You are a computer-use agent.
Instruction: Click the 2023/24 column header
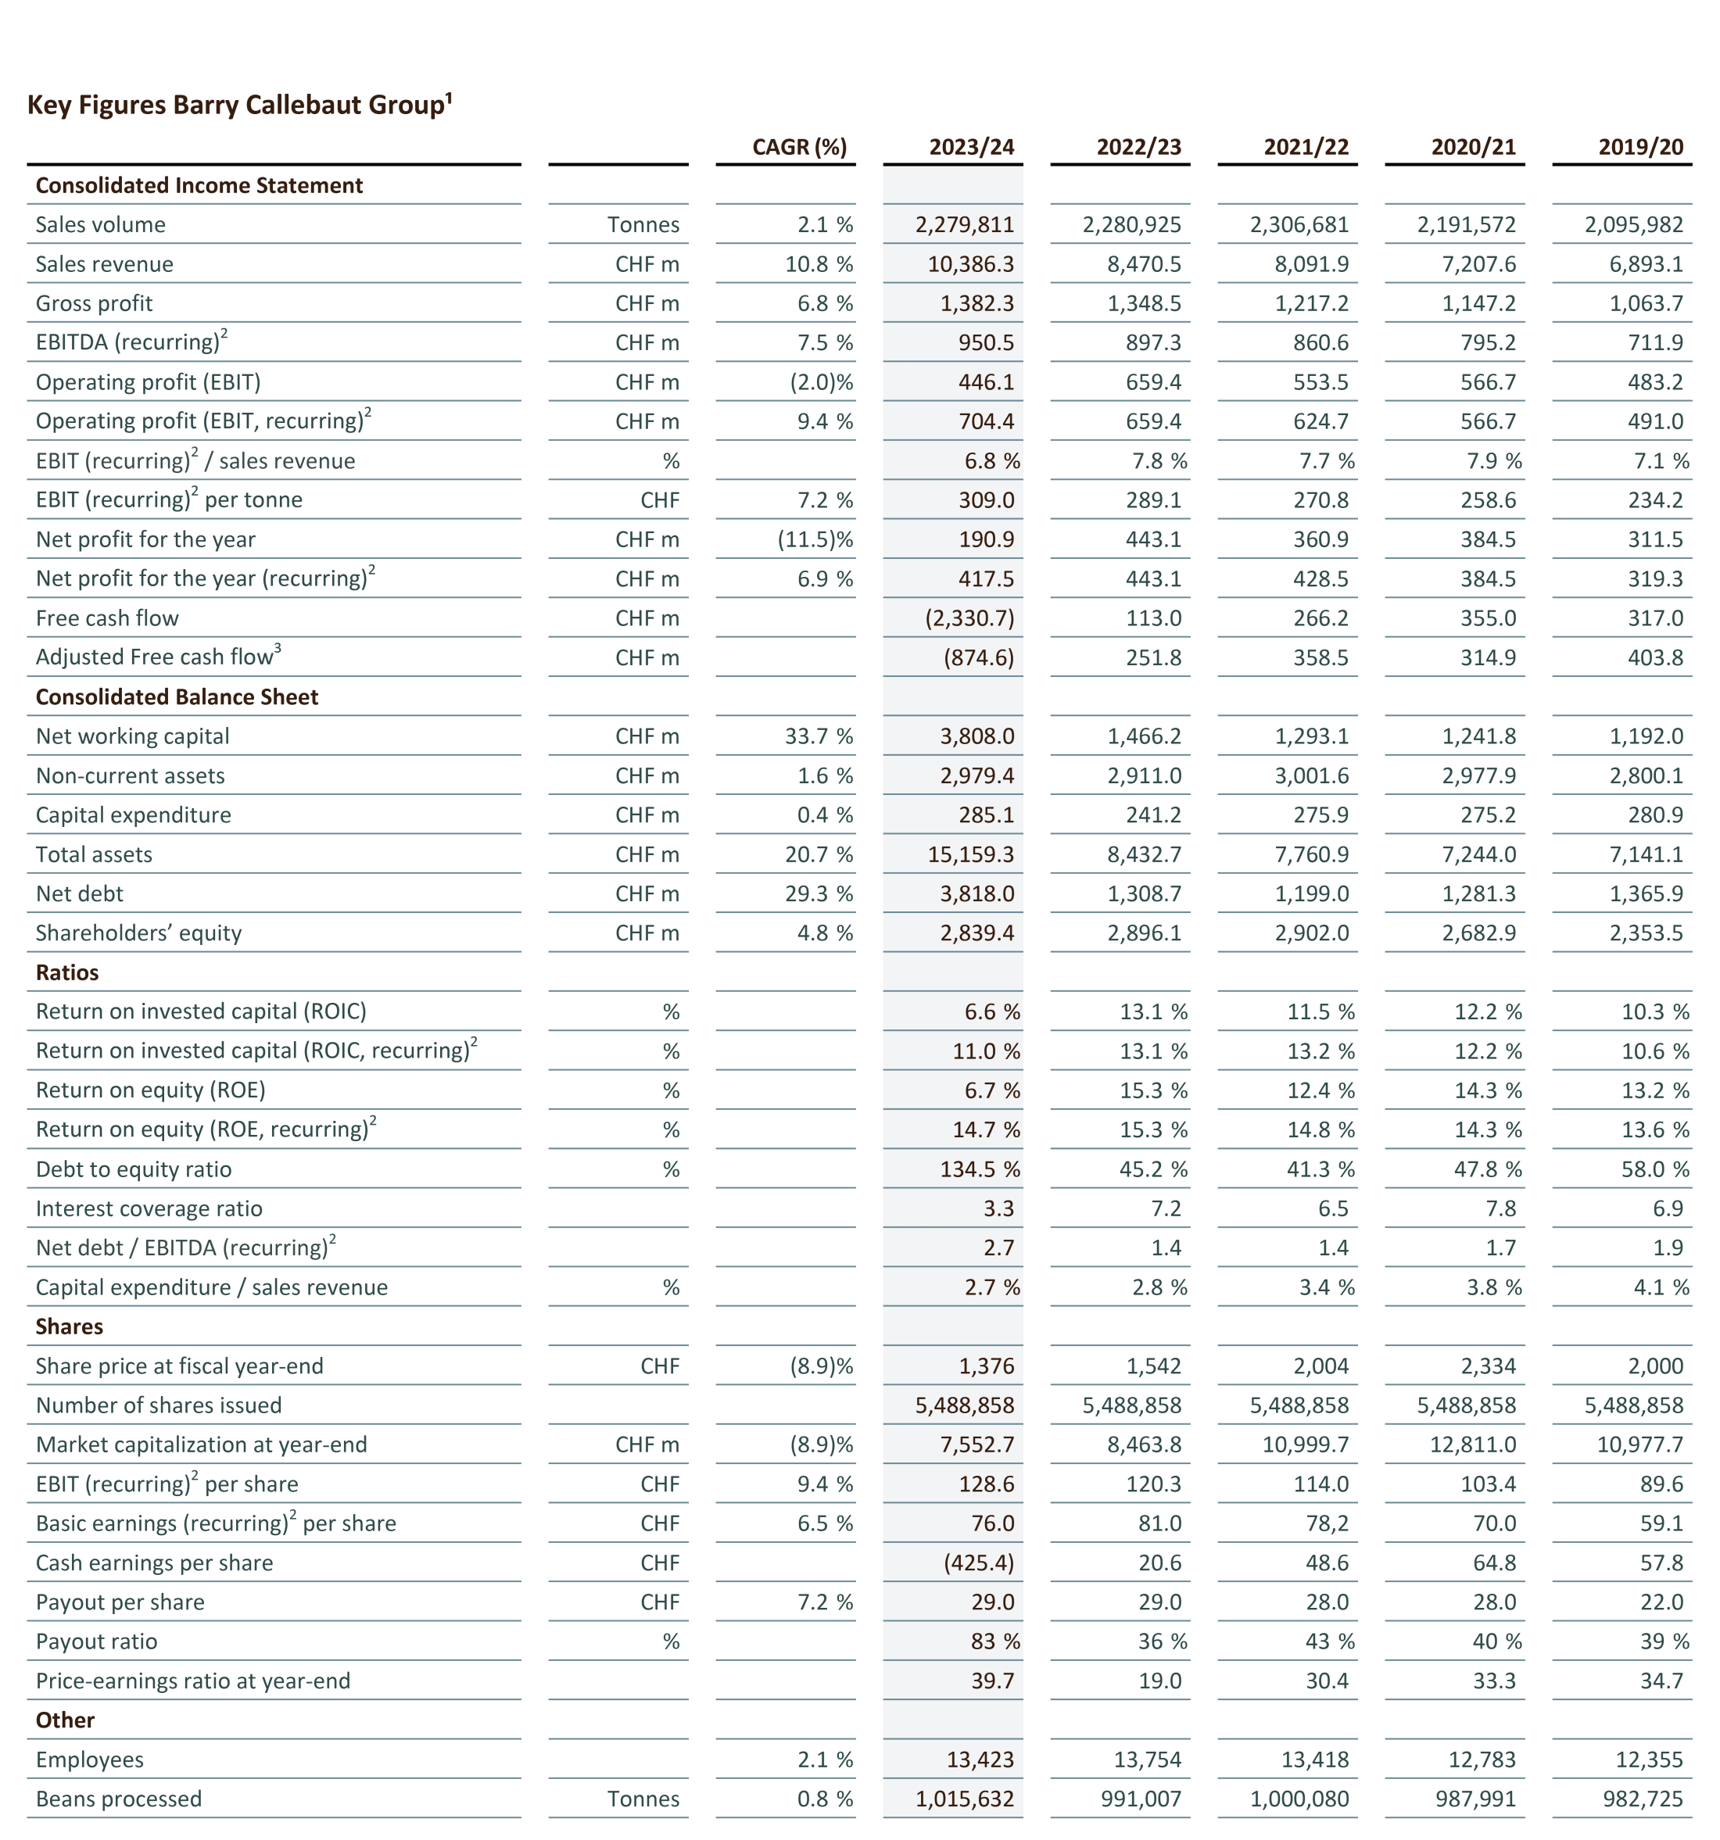click(971, 147)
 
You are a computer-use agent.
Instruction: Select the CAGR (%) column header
click(799, 147)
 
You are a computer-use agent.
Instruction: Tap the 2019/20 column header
click(1640, 147)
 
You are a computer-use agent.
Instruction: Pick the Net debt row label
click(80, 893)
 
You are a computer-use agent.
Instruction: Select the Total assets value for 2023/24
click(970, 854)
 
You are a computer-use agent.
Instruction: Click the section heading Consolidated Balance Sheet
click(177, 697)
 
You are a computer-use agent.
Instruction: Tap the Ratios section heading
click(66, 972)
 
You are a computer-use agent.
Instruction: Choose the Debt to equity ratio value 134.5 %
click(980, 1169)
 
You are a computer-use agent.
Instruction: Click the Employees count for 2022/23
click(1147, 1759)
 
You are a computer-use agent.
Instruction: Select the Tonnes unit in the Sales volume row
click(643, 225)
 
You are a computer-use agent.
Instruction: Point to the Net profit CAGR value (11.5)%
click(815, 539)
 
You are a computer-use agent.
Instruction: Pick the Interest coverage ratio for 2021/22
click(1333, 1208)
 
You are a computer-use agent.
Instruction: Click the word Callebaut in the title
click(303, 105)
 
